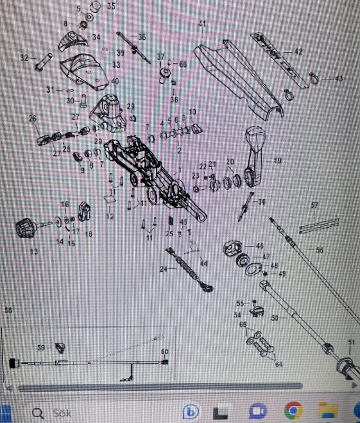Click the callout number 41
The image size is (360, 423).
click(x=201, y=24)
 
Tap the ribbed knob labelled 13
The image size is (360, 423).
click(x=25, y=229)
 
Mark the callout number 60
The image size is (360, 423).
click(x=164, y=352)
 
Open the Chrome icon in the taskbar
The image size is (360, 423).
click(x=293, y=411)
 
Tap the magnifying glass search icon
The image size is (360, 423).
click(x=39, y=412)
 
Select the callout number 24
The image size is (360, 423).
click(x=164, y=269)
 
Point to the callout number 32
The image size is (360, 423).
click(x=24, y=58)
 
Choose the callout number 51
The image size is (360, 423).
click(x=352, y=342)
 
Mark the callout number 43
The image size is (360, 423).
click(x=339, y=78)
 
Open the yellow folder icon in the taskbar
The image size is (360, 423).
click(x=330, y=411)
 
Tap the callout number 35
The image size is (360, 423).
click(x=110, y=6)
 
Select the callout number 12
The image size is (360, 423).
click(x=109, y=217)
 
